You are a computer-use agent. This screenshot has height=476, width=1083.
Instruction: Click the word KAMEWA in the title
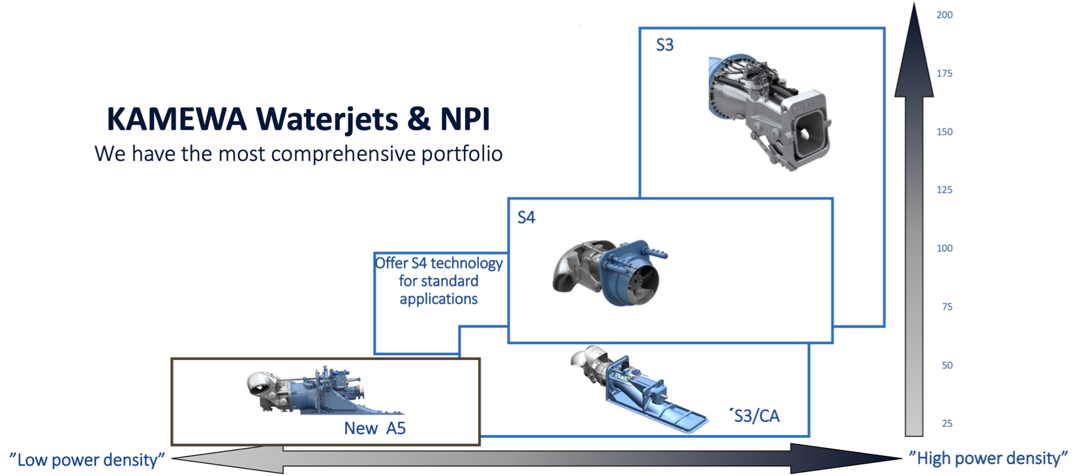pyautogui.click(x=176, y=119)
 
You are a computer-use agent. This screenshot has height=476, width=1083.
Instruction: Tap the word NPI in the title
pyautogui.click(x=465, y=119)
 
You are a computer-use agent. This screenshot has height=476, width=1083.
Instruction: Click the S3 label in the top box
pyautogui.click(x=664, y=45)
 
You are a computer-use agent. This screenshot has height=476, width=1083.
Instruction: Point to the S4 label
pyautogui.click(x=526, y=217)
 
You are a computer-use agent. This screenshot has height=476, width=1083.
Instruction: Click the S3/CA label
pyautogui.click(x=756, y=416)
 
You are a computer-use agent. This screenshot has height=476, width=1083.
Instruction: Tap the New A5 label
pyautogui.click(x=374, y=428)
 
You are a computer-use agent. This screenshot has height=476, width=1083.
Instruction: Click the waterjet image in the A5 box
pyautogui.click(x=323, y=391)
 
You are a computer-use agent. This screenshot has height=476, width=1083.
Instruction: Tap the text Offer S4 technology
pyautogui.click(x=438, y=263)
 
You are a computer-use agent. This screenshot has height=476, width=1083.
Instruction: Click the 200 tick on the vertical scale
pyautogui.click(x=944, y=15)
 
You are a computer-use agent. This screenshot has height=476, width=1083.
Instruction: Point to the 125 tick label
pyautogui.click(x=944, y=190)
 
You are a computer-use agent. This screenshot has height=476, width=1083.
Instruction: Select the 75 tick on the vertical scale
pyautogui.click(x=947, y=306)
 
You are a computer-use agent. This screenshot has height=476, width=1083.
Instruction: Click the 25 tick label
pyautogui.click(x=947, y=423)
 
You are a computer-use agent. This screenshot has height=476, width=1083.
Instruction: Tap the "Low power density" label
pyautogui.click(x=87, y=460)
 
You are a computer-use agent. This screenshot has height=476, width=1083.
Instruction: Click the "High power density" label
pyautogui.click(x=988, y=458)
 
